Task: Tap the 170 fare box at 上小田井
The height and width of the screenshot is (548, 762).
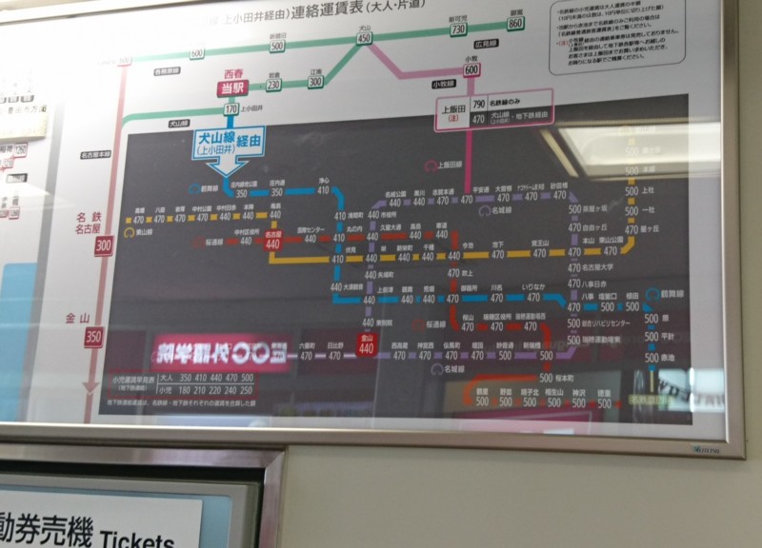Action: (x=231, y=109)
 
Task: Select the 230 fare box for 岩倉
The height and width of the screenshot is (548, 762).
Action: (x=273, y=84)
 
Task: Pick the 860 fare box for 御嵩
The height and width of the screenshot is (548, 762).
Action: (x=516, y=23)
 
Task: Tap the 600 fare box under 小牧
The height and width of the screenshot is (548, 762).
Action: (x=471, y=68)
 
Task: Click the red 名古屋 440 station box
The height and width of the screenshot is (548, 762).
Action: (x=274, y=243)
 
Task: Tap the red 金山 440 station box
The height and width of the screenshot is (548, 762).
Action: (x=367, y=346)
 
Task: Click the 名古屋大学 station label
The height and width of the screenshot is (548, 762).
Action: (x=600, y=269)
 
